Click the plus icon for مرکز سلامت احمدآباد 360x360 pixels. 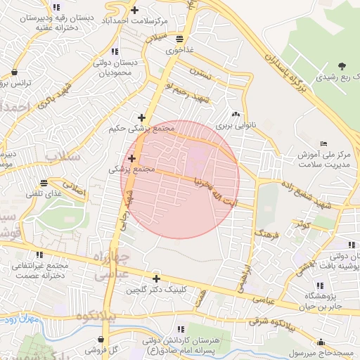pyautogui.click(x=134, y=10)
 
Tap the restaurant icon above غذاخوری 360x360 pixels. pyautogui.click(x=180, y=39)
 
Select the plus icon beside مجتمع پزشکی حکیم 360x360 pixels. pyautogui.click(x=142, y=117)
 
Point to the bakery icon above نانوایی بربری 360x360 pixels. pyautogui.click(x=236, y=115)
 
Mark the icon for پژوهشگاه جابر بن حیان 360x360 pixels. pyautogui.click(x=321, y=285)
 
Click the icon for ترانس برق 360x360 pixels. pyautogui.click(x=16, y=71)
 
